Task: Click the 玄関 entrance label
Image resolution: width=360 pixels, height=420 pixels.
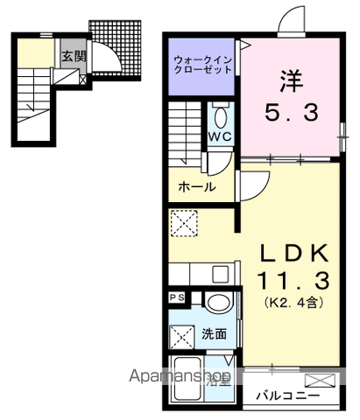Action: (71, 56)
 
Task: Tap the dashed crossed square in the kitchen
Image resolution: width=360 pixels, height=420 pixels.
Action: (185, 224)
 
